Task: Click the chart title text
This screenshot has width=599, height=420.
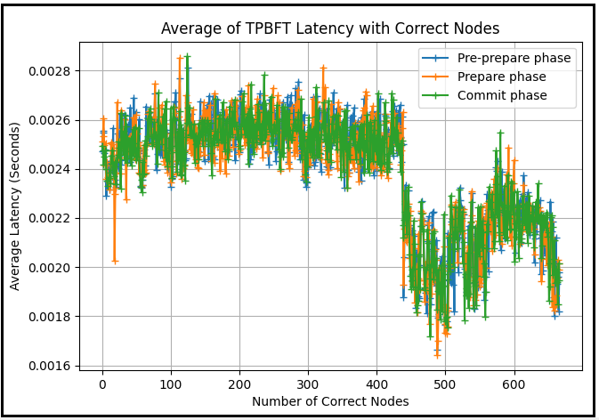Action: click(x=330, y=28)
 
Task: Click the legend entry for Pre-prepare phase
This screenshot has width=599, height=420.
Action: click(x=514, y=59)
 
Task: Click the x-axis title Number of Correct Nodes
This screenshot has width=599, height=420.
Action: click(x=330, y=401)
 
